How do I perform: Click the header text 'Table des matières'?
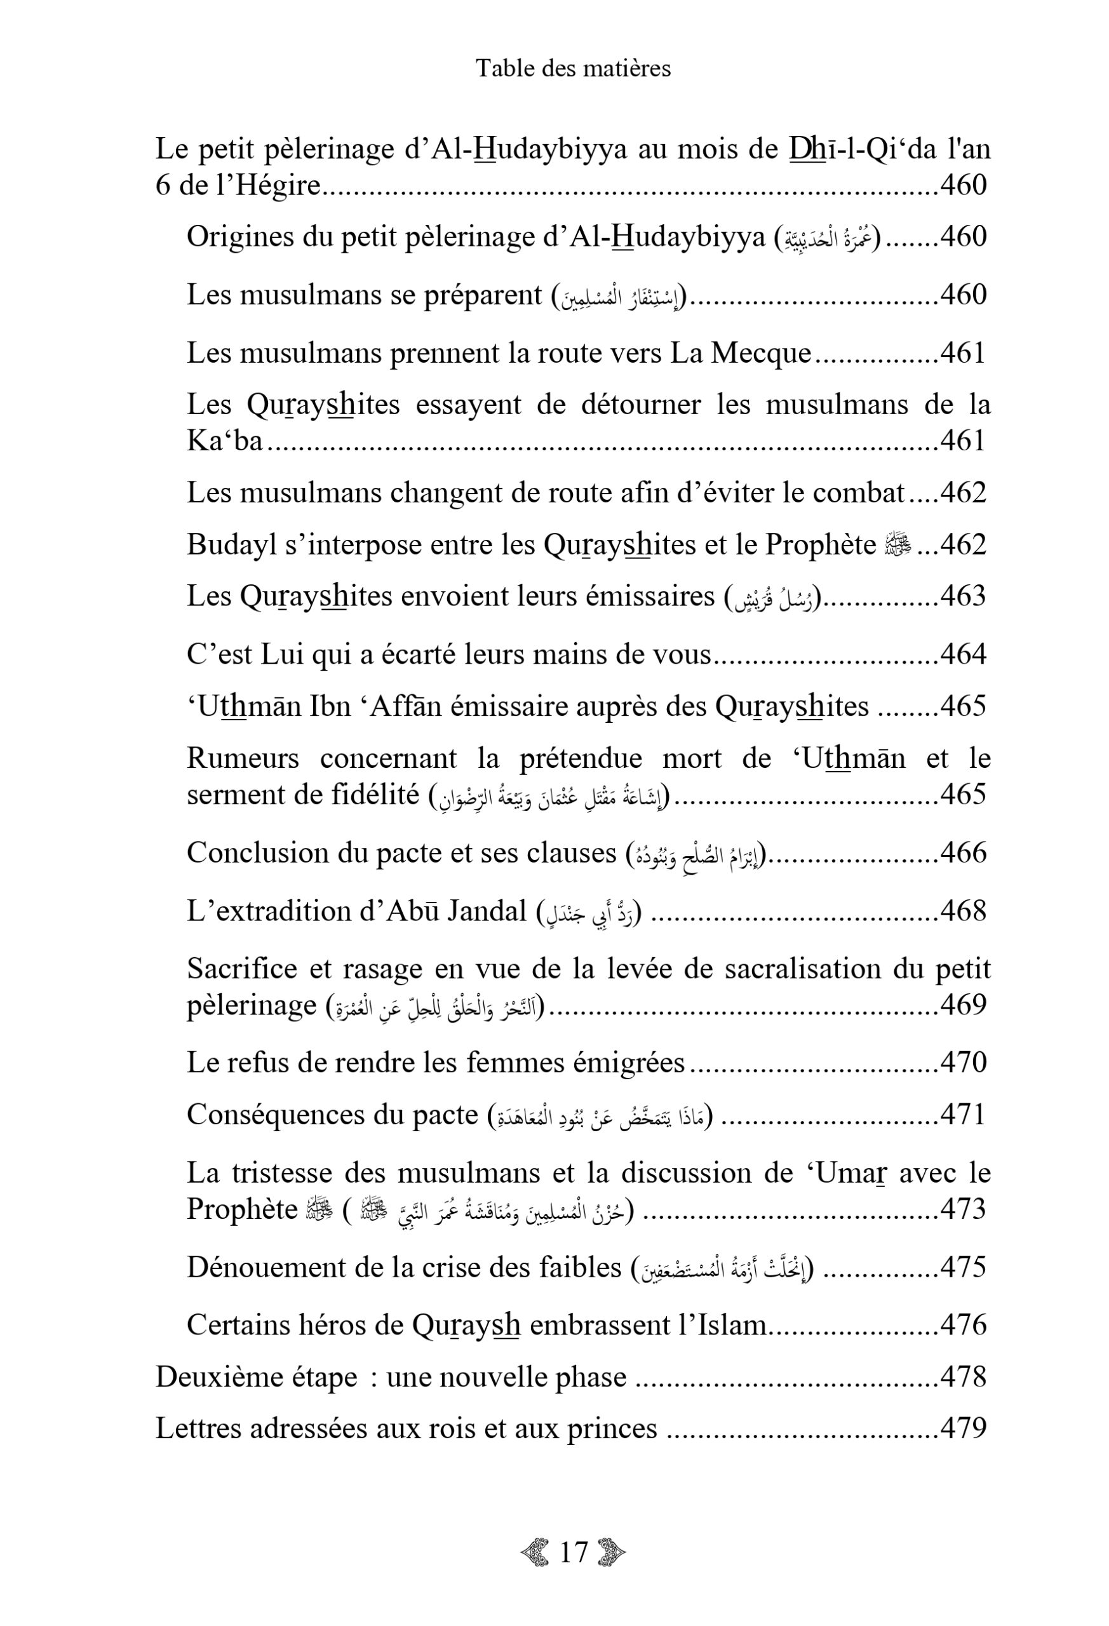pos(573,69)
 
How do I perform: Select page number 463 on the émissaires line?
pos(963,596)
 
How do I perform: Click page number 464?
pos(963,654)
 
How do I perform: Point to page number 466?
pos(963,853)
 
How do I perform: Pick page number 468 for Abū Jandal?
pos(963,911)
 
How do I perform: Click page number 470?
pos(963,1062)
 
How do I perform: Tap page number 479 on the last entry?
pos(963,1428)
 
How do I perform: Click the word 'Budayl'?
pos(230,544)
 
